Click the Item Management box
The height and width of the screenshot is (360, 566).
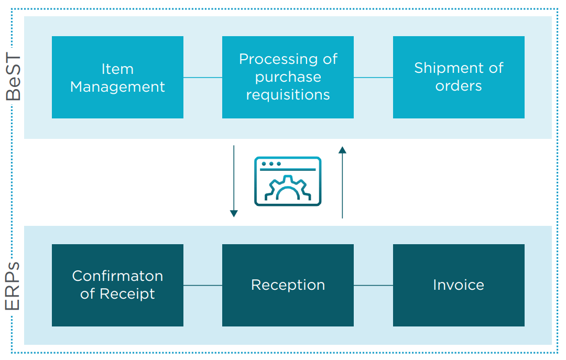click(117, 77)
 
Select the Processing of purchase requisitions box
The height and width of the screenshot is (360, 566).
click(288, 77)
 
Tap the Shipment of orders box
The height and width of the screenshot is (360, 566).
click(459, 77)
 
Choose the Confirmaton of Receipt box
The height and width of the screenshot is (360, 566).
click(117, 285)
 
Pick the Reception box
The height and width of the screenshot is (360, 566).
click(288, 285)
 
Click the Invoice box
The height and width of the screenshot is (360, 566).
click(459, 285)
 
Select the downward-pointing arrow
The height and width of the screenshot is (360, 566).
click(234, 181)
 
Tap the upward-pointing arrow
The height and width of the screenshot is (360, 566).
click(342, 181)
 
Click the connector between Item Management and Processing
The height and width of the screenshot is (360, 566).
click(203, 78)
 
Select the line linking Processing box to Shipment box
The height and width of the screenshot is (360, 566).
click(373, 78)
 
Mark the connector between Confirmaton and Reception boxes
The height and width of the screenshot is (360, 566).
click(203, 286)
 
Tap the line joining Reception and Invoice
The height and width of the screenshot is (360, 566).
click(373, 286)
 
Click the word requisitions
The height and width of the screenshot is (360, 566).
click(288, 95)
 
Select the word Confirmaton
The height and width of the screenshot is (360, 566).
click(117, 276)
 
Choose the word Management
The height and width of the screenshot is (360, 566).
click(117, 86)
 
